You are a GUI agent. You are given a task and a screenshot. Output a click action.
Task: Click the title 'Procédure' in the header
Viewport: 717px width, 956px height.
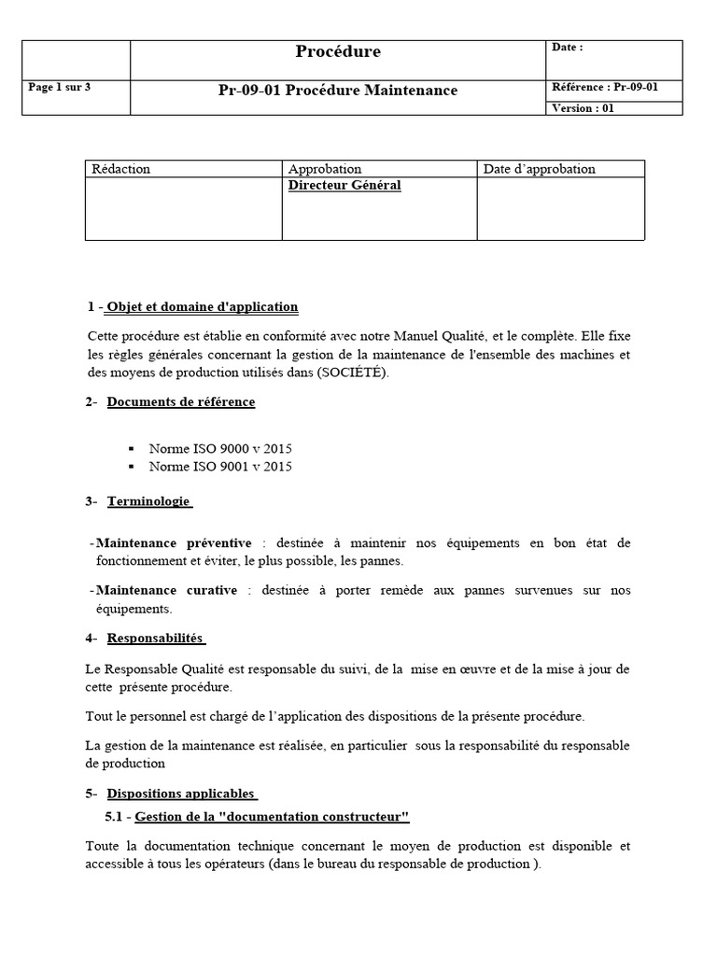pyautogui.click(x=338, y=52)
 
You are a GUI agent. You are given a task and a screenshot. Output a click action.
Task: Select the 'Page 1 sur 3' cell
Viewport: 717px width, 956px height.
pyautogui.click(x=60, y=88)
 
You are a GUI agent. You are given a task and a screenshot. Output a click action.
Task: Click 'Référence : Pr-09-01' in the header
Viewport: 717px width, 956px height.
pyautogui.click(x=605, y=88)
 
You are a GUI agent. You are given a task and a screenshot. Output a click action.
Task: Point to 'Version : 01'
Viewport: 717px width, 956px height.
pyautogui.click(x=583, y=108)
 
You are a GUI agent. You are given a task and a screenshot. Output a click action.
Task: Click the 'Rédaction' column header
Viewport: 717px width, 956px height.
pyautogui.click(x=120, y=169)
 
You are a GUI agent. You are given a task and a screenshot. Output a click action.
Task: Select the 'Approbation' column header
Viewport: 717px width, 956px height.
pyautogui.click(x=325, y=169)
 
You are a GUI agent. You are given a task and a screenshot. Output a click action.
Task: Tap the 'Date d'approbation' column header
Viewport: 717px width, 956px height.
pyautogui.click(x=540, y=169)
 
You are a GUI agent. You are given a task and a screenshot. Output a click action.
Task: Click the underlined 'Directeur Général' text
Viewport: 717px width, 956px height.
pyautogui.click(x=344, y=186)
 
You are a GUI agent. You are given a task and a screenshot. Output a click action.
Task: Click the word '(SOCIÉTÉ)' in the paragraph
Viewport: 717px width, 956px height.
pyautogui.click(x=355, y=373)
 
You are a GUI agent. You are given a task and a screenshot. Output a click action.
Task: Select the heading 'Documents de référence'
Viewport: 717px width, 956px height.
pyautogui.click(x=181, y=402)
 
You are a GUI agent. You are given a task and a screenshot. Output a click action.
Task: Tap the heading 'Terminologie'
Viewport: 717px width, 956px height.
pyautogui.click(x=148, y=502)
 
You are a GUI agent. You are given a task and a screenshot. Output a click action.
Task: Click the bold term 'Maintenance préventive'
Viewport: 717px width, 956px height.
pyautogui.click(x=174, y=542)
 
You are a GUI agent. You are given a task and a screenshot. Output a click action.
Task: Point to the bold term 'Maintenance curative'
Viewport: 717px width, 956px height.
pyautogui.click(x=166, y=590)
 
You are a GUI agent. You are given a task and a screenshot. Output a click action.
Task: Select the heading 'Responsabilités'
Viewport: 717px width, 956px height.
pyautogui.click(x=155, y=639)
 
